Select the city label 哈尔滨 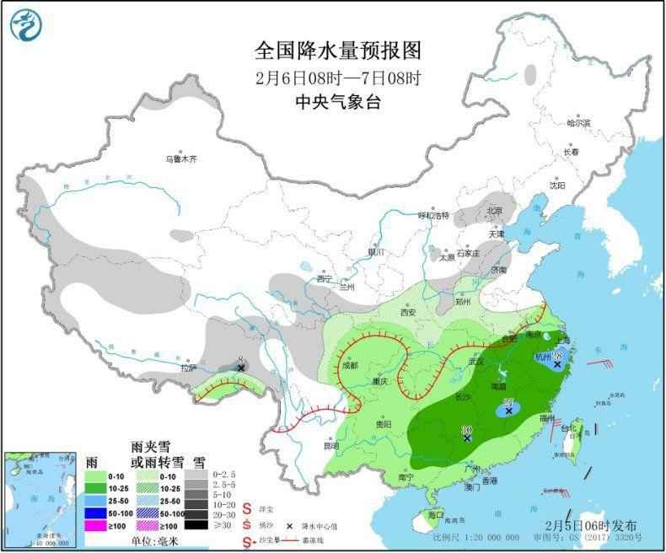click(x=578, y=123)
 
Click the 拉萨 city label click(x=187, y=368)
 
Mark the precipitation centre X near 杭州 click(x=557, y=364)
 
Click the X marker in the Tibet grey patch click(x=241, y=368)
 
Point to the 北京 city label click(x=493, y=210)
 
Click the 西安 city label click(x=409, y=311)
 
